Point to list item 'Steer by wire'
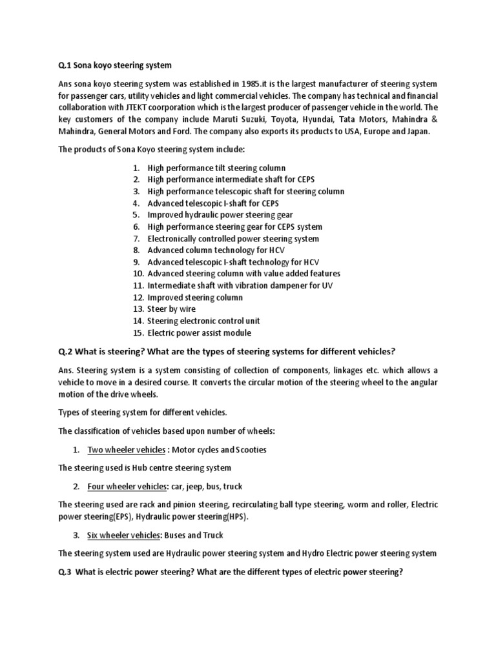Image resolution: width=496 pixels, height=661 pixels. pos(171,309)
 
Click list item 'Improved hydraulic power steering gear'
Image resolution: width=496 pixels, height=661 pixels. pos(220,215)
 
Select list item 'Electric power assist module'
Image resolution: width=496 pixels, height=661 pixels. pos(199,333)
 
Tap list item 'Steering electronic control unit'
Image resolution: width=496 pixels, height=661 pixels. pos(203,321)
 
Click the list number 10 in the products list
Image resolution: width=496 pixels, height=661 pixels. pos(137,274)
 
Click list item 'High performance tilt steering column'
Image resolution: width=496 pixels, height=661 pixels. pos(216,168)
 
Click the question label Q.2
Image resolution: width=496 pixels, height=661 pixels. pos(66,351)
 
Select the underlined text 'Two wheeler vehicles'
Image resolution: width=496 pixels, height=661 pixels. pos(127,449)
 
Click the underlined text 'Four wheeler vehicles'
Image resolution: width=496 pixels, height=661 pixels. pos(127,486)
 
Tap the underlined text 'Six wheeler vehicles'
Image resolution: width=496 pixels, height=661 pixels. pos(123,535)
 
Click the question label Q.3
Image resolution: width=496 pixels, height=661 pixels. pos(66,571)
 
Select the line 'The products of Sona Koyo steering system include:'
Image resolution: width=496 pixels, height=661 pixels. pos(152,150)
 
